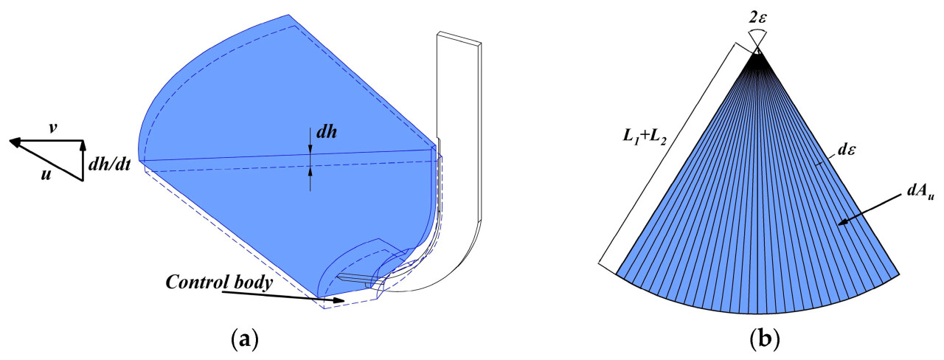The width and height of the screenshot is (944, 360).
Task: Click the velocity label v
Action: pyautogui.click(x=52, y=128)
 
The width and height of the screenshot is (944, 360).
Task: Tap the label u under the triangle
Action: pyautogui.click(x=46, y=174)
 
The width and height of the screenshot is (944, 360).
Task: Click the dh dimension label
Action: pyautogui.click(x=327, y=132)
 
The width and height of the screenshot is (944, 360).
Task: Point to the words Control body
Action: pyautogui.click(x=219, y=283)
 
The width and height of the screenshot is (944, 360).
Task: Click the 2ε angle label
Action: pyautogui.click(x=757, y=18)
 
